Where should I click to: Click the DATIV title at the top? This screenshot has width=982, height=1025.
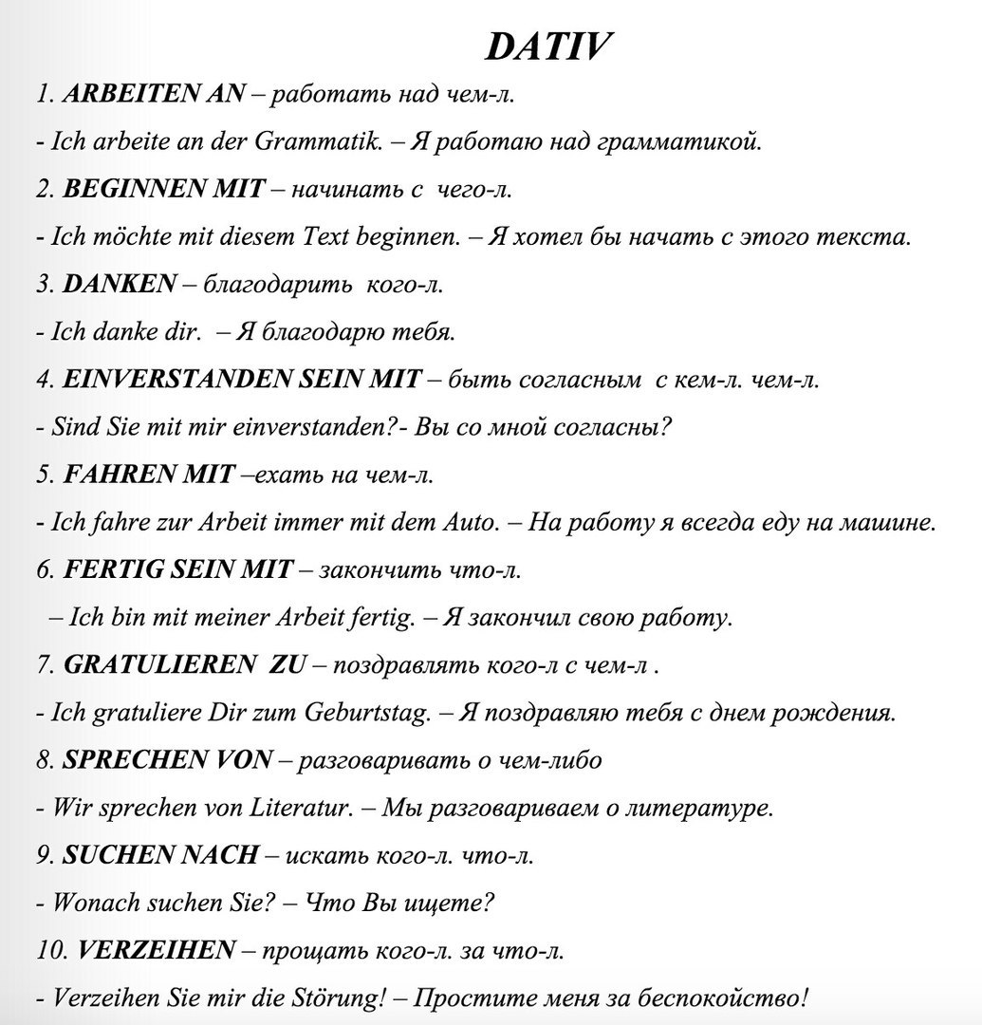coord(548,47)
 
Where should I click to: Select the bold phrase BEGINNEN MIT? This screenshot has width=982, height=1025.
coord(163,189)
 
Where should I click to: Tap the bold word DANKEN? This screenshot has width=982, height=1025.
coord(120,284)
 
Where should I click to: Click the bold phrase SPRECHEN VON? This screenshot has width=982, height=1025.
coord(168,760)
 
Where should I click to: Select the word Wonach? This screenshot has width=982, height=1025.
coord(96,903)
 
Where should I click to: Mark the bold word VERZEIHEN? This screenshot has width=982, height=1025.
coord(156,950)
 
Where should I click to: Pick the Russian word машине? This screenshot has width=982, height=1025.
coord(894,522)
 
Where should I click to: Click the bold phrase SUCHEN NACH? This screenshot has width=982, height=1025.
coord(160,855)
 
